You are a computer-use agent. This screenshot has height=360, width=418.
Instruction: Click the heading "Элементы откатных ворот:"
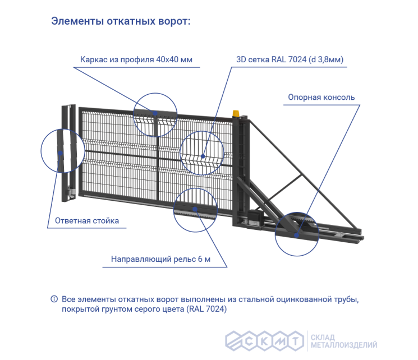click(121, 22)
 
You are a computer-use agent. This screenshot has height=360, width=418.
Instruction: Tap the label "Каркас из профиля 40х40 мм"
click(136, 59)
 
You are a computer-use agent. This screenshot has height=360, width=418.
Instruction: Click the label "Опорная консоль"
click(321, 97)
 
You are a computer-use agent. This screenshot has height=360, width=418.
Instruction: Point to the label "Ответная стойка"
click(87, 220)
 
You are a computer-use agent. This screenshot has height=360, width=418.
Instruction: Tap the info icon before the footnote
click(54, 299)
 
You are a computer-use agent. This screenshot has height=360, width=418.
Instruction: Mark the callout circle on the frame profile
click(154, 113)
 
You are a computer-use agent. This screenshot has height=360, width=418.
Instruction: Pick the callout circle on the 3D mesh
click(201, 151)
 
